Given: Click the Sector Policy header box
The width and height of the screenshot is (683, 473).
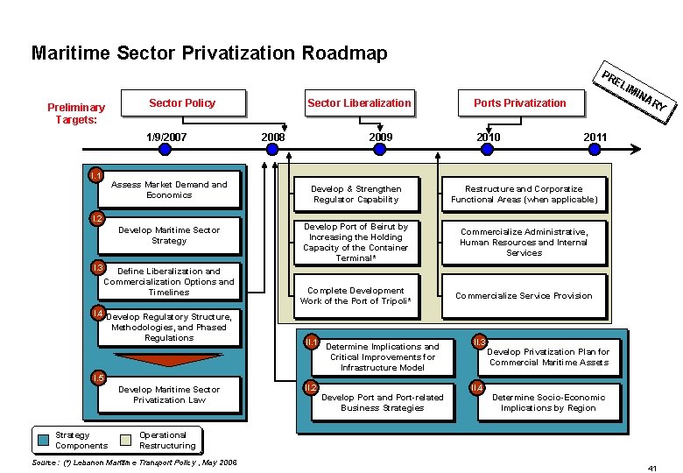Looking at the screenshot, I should [182, 103].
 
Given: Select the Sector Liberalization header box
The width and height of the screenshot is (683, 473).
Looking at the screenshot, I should [359, 103].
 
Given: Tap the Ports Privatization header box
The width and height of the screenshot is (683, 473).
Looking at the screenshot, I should [520, 103].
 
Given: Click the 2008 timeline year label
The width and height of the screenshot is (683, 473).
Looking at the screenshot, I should [273, 138].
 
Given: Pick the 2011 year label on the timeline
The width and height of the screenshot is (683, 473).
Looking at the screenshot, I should [595, 138].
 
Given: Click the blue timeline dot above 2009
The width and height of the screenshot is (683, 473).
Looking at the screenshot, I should [379, 150].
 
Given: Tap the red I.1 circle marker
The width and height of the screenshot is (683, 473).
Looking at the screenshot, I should [97, 176].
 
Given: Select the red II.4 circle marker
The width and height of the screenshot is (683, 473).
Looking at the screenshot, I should [478, 387].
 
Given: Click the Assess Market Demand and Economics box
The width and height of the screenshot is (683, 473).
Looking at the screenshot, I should [169, 190].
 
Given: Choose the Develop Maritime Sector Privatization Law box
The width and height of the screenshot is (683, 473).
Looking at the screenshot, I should [169, 395].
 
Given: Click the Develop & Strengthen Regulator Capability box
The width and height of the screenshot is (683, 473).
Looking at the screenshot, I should [356, 194].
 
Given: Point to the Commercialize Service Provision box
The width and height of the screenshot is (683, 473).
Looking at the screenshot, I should [524, 296].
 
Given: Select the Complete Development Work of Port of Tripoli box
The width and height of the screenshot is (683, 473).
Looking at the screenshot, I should [356, 296].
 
